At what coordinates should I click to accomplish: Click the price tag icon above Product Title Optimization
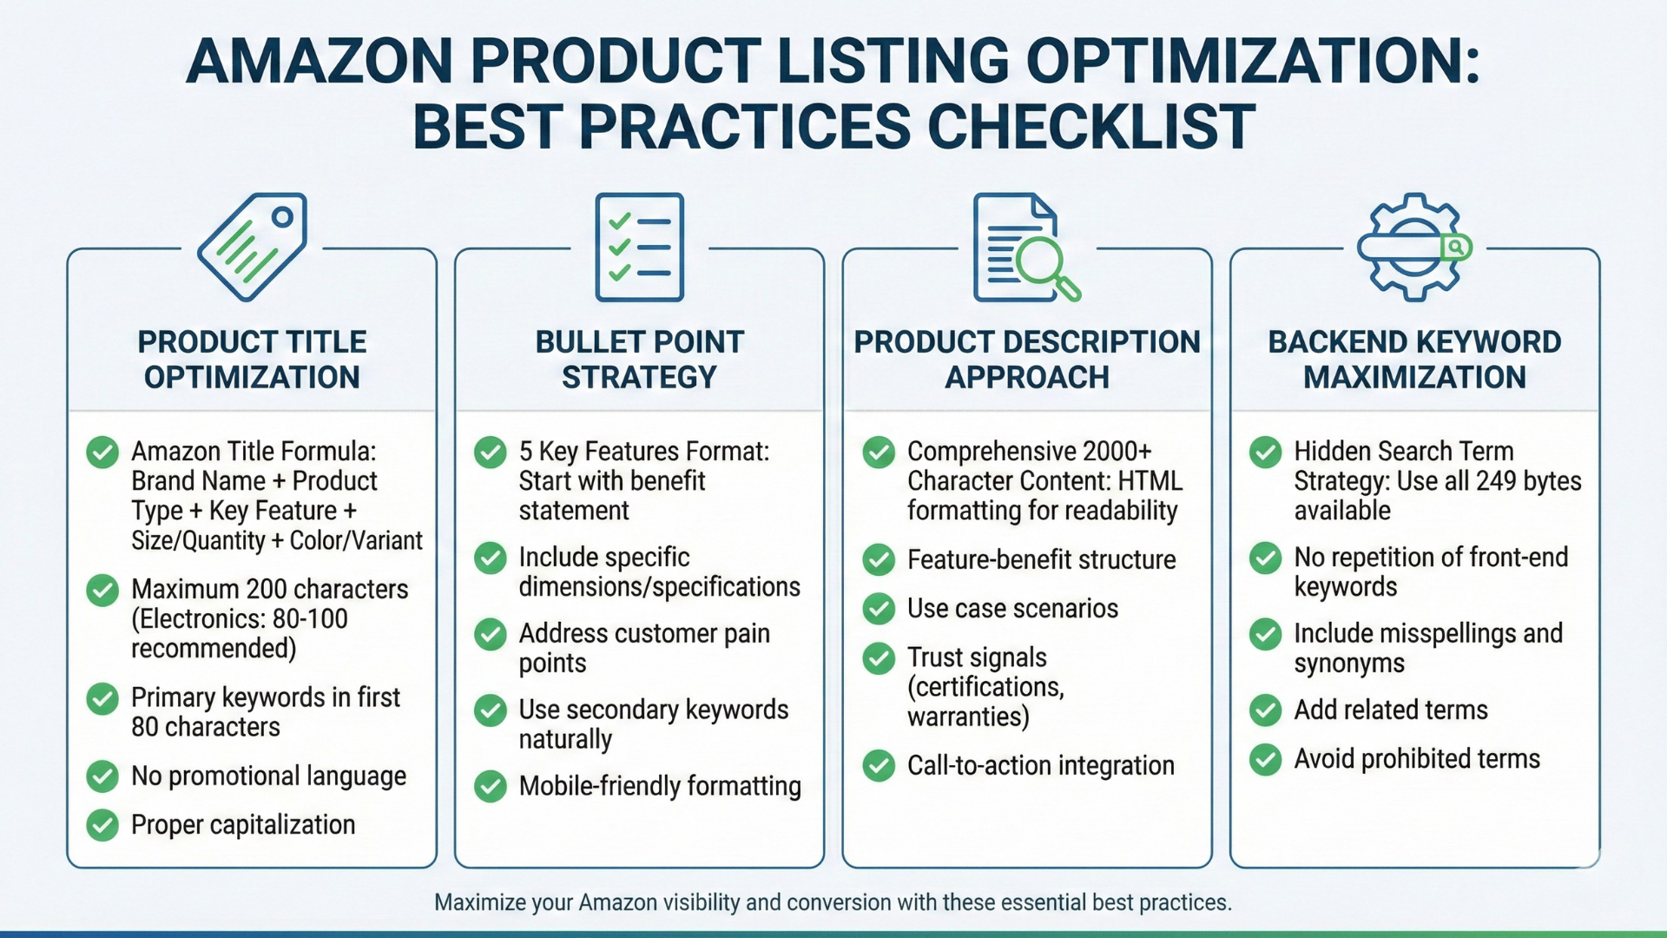(x=252, y=248)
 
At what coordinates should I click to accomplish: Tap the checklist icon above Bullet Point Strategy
(x=639, y=248)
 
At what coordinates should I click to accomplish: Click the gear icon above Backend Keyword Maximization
(x=1413, y=248)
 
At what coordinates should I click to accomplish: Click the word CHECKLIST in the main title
(x=1090, y=127)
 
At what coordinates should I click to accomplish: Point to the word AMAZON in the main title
(x=319, y=61)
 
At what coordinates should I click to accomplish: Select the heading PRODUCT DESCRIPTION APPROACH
(x=1026, y=359)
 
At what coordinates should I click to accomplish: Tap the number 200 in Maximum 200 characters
(x=267, y=589)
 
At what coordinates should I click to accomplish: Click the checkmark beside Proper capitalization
(x=102, y=824)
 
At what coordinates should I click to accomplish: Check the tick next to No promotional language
(x=102, y=776)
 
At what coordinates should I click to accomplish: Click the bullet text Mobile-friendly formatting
(x=659, y=786)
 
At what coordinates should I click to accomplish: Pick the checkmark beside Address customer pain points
(x=491, y=634)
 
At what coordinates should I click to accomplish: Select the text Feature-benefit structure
(x=1041, y=560)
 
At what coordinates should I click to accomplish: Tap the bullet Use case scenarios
(x=1012, y=609)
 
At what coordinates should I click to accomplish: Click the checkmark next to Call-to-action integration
(x=879, y=765)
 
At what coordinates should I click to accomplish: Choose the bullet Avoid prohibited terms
(x=1416, y=759)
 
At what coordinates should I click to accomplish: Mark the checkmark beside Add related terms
(x=1266, y=710)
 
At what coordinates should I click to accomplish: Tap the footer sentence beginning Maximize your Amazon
(x=833, y=902)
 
